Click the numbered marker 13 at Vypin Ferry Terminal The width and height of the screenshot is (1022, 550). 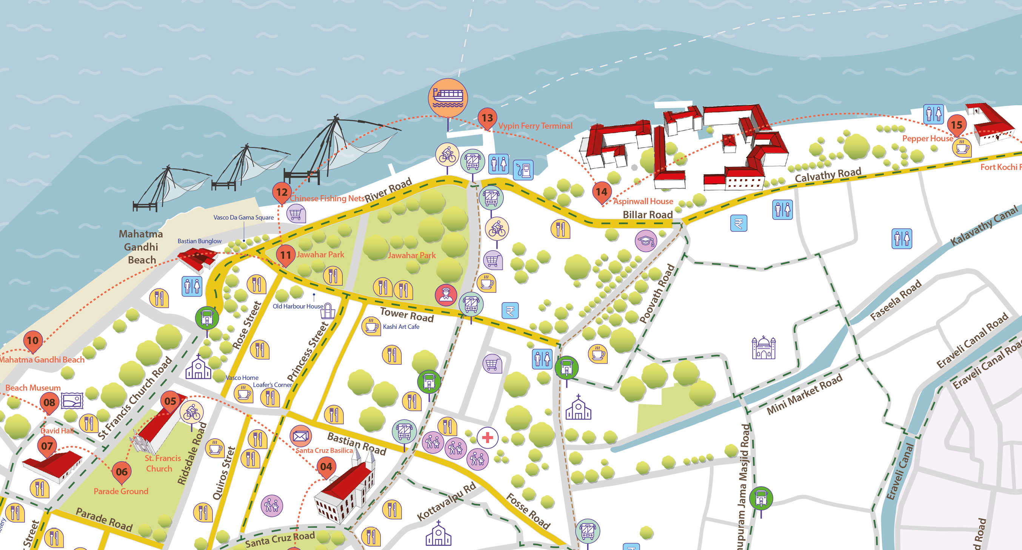pos(487,118)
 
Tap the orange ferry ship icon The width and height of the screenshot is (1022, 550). pos(448,98)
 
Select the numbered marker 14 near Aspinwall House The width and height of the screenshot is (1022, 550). pos(602,192)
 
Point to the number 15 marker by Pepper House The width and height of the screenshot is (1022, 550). pos(956,125)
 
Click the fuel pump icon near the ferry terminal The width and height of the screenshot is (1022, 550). pos(524,170)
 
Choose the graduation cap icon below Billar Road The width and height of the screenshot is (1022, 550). pos(646,241)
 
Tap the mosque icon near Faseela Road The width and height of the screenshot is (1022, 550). pos(763,348)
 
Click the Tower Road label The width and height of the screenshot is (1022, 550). pos(407,315)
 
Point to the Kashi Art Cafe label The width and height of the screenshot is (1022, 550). pos(401,327)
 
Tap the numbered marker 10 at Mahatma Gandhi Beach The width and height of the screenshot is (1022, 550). pos(32,340)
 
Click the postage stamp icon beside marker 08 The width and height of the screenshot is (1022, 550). pos(72,401)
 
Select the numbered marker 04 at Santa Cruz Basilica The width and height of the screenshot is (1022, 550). pos(326,466)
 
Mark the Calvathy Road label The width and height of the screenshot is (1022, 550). pos(828,175)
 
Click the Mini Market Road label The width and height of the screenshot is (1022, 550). pos(804,395)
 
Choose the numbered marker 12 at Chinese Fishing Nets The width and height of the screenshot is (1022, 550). pos(282,192)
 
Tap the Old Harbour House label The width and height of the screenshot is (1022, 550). pos(297,306)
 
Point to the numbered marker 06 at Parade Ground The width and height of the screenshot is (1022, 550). pos(122,472)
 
